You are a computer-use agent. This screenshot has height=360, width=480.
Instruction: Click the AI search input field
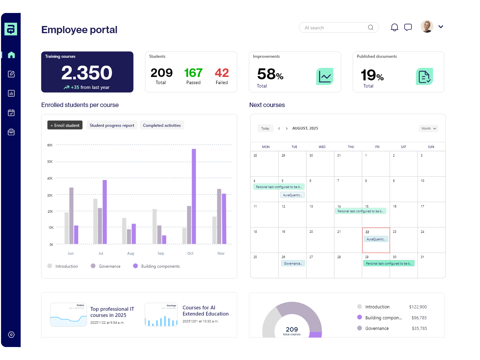[335, 28]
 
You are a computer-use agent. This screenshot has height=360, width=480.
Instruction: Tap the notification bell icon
[394, 27]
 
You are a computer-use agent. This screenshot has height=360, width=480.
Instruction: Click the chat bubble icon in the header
[408, 27]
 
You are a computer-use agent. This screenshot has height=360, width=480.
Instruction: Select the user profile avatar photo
[427, 26]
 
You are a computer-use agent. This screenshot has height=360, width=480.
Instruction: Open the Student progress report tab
[112, 125]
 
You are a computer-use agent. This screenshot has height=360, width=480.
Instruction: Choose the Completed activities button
[162, 125]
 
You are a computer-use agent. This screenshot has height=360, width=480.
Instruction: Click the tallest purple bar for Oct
[194, 196]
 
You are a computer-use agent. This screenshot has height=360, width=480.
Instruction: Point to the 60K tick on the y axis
[50, 145]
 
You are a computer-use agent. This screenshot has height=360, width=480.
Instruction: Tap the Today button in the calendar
[265, 129]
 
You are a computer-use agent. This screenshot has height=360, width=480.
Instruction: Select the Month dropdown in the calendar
[428, 129]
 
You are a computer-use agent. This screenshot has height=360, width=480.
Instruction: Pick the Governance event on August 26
[293, 264]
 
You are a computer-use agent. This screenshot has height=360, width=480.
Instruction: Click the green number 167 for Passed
[193, 73]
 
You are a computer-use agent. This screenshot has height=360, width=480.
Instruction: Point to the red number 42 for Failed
[222, 73]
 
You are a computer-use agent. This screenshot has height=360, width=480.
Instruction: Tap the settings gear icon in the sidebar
[11, 335]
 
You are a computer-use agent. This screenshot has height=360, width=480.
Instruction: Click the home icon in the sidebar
[11, 55]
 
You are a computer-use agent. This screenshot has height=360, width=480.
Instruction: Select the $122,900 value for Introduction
[418, 307]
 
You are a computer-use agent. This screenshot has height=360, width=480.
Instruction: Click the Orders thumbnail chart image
[68, 315]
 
